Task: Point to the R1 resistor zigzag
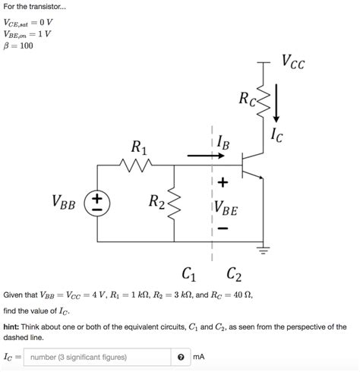(x=137, y=164)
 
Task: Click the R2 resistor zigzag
(x=175, y=202)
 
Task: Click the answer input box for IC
(x=97, y=357)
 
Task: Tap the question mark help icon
(x=181, y=357)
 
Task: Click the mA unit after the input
(x=200, y=357)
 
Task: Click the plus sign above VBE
(x=223, y=183)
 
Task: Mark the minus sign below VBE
(x=223, y=226)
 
